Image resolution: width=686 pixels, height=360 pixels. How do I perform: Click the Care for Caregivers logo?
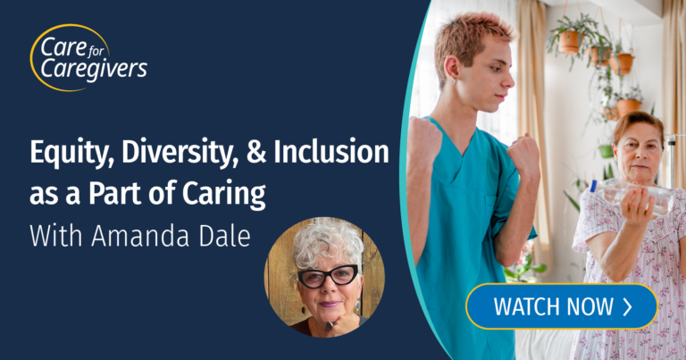point(88,58)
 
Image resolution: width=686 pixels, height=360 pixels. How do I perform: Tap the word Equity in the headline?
point(71,153)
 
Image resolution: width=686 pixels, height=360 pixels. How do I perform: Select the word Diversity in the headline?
point(180,153)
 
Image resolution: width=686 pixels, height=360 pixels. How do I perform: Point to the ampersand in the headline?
point(257,152)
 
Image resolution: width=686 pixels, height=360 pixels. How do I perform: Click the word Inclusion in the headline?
point(331,151)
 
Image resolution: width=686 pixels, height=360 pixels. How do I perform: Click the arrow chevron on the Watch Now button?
point(627,306)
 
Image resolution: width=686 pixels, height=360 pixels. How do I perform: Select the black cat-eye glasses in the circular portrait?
point(328,276)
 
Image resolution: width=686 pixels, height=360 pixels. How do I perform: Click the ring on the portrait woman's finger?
point(330,326)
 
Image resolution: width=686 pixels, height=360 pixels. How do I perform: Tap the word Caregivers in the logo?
point(94,70)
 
